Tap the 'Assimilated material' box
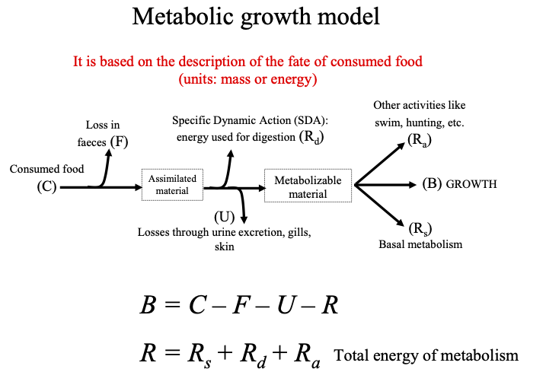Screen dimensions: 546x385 [171, 184]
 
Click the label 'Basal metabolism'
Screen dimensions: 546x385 [420, 244]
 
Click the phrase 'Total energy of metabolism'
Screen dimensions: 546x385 [426, 355]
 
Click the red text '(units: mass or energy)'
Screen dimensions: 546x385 [247, 78]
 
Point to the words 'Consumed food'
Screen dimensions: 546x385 [46, 169]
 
